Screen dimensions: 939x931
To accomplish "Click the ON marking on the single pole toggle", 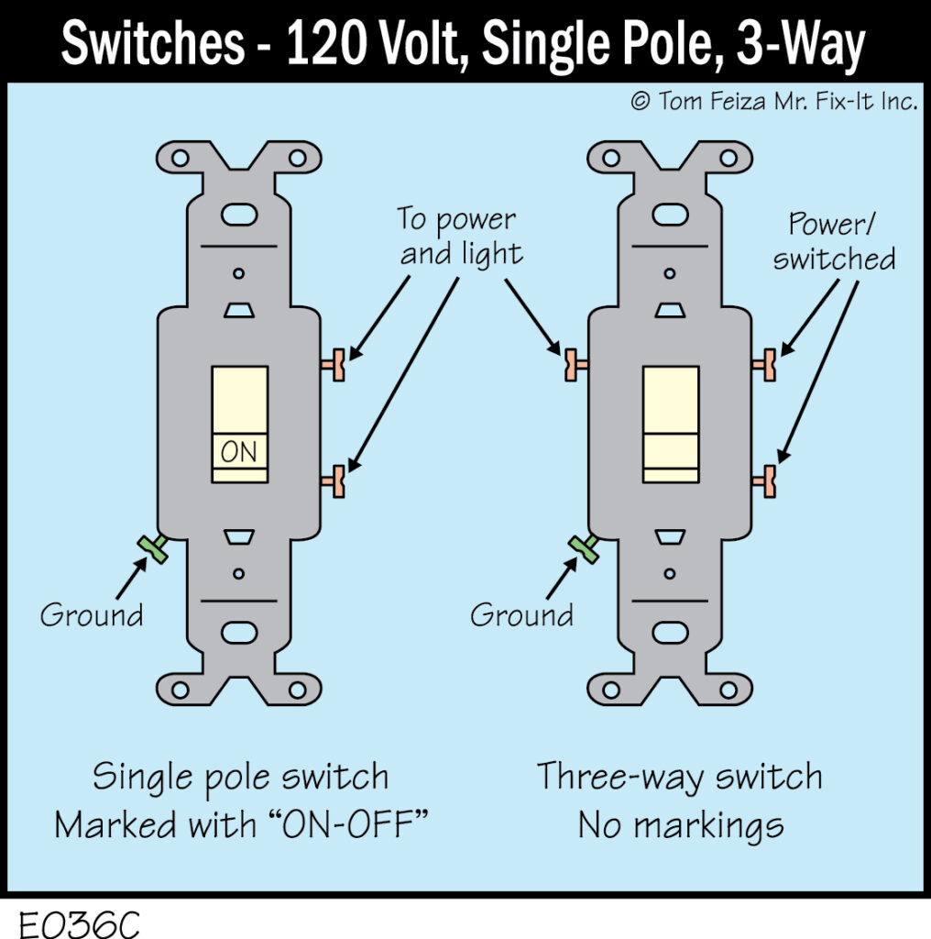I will click(x=240, y=452).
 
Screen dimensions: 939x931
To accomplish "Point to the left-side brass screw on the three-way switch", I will click(x=575, y=365).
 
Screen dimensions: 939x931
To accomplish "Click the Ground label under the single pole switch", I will click(x=92, y=614).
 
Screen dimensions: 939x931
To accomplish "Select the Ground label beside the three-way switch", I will click(x=522, y=614).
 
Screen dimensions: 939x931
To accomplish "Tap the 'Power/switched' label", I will click(x=834, y=242).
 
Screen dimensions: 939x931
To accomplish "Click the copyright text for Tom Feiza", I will click(x=774, y=101).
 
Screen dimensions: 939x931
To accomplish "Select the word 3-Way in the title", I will click(x=794, y=47).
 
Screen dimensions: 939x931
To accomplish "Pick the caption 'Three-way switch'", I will click(x=680, y=778).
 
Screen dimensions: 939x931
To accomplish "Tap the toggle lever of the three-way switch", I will click(x=671, y=424).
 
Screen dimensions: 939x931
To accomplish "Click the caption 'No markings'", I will click(x=680, y=825).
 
